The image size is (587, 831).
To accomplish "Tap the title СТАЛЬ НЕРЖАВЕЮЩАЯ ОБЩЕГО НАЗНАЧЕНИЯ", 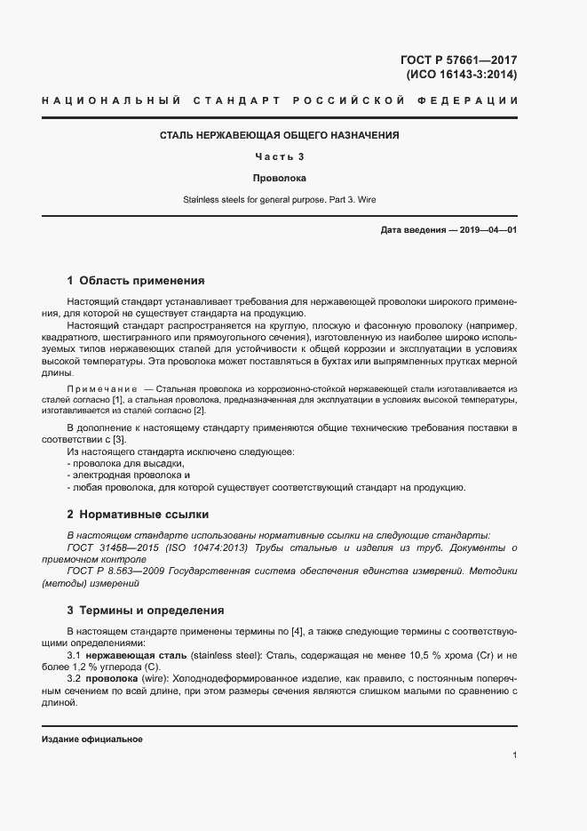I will [x=279, y=136].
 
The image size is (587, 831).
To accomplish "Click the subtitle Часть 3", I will [x=279, y=157].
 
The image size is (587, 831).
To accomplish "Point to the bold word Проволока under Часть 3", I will [x=279, y=179].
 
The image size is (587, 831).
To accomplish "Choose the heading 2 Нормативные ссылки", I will [x=139, y=515].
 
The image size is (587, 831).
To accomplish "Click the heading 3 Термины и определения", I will [x=146, y=611].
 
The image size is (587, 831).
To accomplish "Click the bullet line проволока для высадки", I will [x=125, y=464].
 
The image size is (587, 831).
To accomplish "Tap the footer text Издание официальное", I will [x=92, y=739].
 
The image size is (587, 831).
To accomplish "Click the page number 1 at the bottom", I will [x=514, y=755].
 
